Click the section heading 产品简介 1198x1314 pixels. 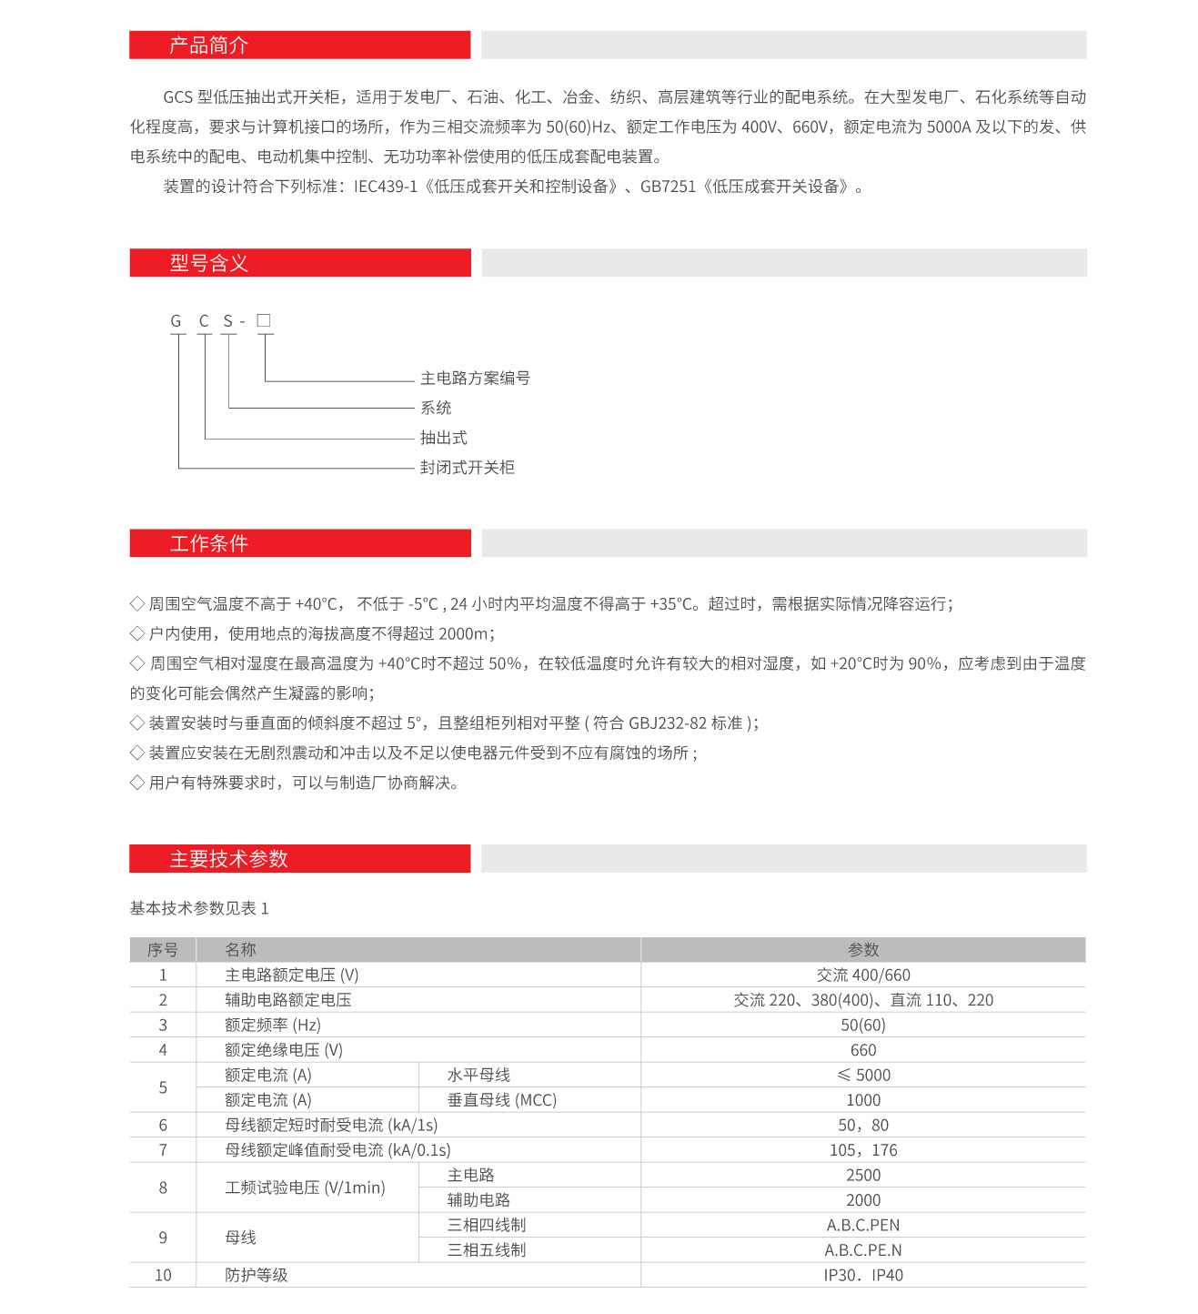tap(208, 45)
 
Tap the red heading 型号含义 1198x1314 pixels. tap(208, 263)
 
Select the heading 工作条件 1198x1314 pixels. tap(208, 543)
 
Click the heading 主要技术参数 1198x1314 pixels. tap(228, 859)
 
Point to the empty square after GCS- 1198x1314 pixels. tap(264, 320)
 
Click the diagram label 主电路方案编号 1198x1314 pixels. tap(475, 379)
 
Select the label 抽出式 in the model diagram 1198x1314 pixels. tap(443, 438)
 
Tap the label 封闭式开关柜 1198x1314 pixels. tap(467, 468)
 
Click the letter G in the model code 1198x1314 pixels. tap(176, 321)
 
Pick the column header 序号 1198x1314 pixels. tap(163, 950)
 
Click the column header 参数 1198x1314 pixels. tap(863, 950)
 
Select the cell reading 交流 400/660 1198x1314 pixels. tap(863, 975)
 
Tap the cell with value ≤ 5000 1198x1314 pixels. tap(863, 1076)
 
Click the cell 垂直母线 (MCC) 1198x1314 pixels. tap(501, 1100)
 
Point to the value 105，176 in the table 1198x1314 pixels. tap(863, 1150)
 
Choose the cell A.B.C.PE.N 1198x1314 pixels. tap(863, 1250)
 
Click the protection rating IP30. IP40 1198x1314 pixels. tap(863, 1276)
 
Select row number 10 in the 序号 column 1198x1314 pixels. tap(163, 1276)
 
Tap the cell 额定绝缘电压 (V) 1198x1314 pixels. tap(284, 1050)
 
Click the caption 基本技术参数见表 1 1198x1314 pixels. tap(199, 908)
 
